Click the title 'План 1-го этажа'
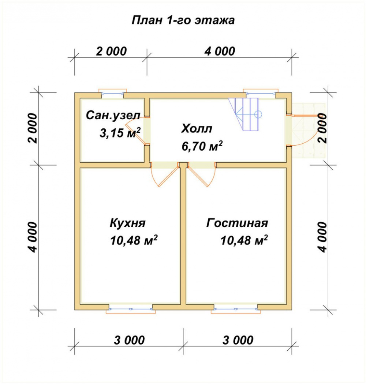183,20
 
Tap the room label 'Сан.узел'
113,115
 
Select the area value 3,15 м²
120,133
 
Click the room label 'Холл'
197,129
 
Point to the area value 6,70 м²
202,146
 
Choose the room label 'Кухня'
127,223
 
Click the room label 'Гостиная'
237,223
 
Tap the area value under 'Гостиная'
244,240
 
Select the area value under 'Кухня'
134,240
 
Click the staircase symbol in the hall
245,114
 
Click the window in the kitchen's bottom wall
131,309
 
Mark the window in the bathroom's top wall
112,93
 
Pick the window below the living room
236,309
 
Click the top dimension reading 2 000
111,52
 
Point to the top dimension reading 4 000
220,52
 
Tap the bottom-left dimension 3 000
129,340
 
